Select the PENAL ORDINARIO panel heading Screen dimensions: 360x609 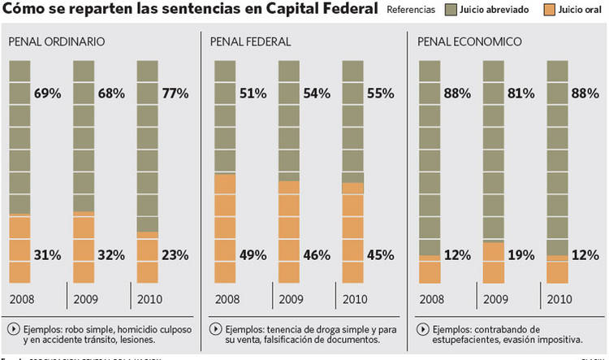(56, 41)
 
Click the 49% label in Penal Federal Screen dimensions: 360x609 (252, 254)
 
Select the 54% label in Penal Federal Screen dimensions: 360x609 (316, 93)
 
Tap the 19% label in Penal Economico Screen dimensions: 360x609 (520, 254)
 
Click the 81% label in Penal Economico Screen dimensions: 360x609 (520, 93)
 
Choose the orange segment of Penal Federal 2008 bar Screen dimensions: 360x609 (225, 228)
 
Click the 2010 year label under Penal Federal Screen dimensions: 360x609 (354, 300)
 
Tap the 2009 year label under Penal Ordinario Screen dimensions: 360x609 (85, 300)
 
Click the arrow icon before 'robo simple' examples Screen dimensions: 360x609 (14, 329)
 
